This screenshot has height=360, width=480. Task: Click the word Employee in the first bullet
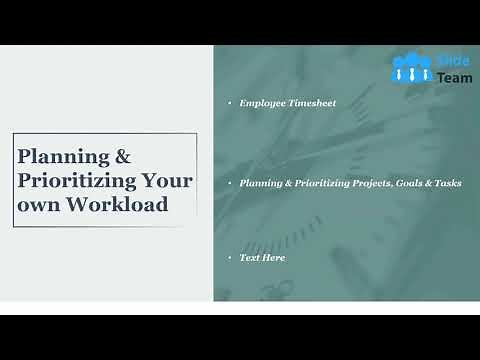pyautogui.click(x=262, y=103)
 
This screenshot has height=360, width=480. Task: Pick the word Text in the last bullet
pyautogui.click(x=250, y=258)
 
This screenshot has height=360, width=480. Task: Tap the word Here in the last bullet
pyautogui.click(x=274, y=258)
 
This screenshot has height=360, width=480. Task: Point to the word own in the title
pyautogui.click(x=36, y=204)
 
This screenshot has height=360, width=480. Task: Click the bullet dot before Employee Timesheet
pyautogui.click(x=229, y=103)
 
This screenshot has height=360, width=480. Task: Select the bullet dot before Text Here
pyautogui.click(x=229, y=258)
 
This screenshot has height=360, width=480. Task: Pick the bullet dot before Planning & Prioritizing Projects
pyautogui.click(x=229, y=183)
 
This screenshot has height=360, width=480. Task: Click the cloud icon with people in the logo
pyautogui.click(x=411, y=67)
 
